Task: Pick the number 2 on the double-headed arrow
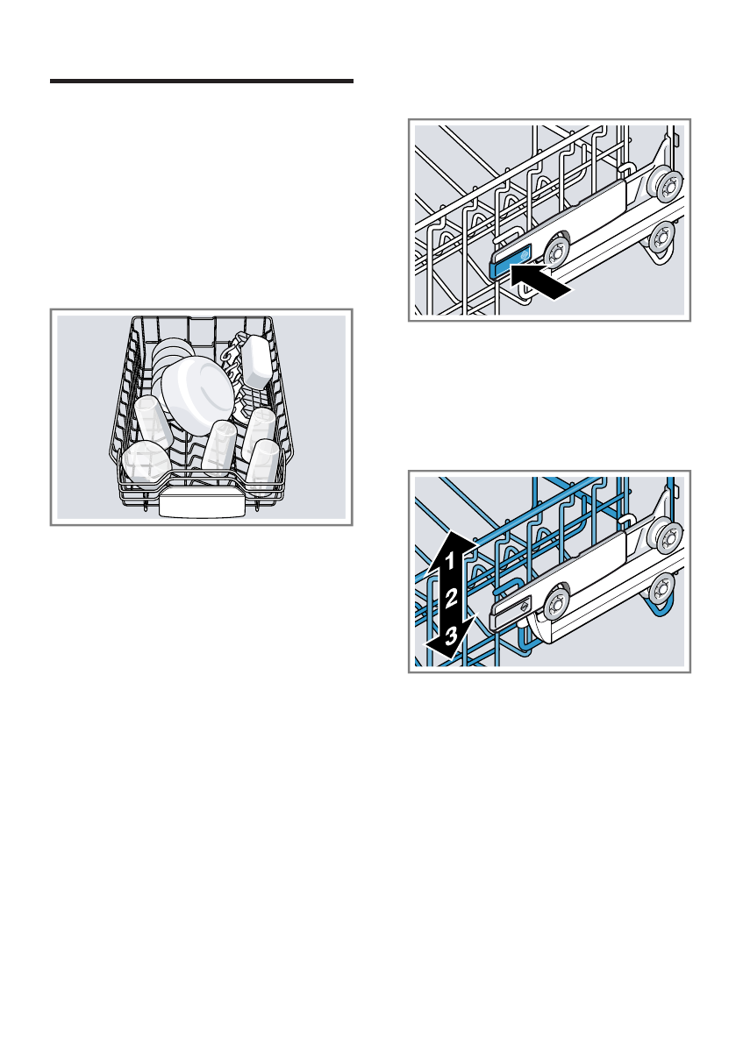450,600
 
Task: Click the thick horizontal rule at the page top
201,82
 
